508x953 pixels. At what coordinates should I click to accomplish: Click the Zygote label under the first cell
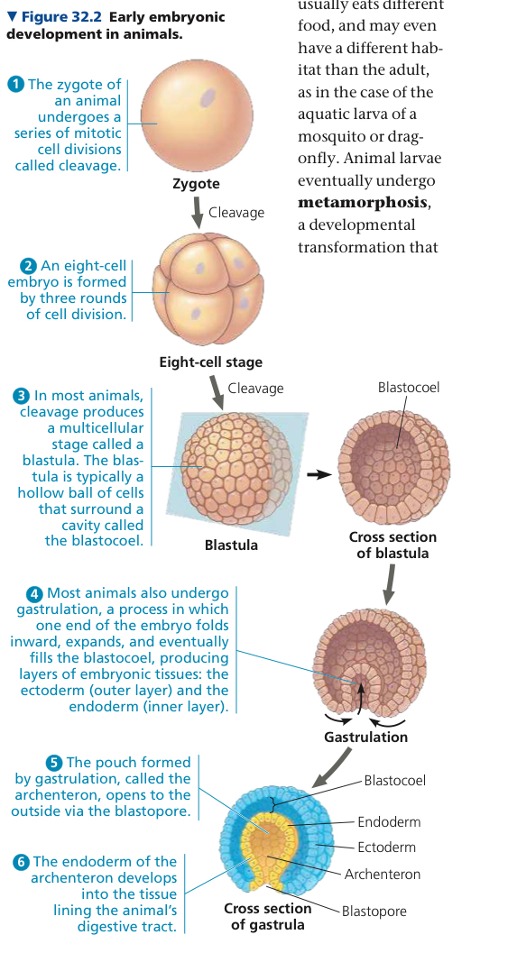196,184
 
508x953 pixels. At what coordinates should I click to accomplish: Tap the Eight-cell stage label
210,362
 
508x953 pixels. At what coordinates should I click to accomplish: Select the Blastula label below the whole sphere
231,545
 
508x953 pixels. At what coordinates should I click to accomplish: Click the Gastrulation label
365,738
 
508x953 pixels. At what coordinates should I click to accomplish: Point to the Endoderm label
389,822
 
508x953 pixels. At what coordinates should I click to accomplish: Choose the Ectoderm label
386,848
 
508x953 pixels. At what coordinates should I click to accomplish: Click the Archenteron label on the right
382,875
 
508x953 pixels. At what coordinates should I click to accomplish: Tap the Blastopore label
374,911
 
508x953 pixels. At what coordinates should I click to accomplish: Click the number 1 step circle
16,85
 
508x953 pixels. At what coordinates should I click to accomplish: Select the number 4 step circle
35,593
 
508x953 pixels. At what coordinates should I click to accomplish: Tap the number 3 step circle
22,397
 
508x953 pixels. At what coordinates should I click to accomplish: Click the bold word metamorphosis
364,203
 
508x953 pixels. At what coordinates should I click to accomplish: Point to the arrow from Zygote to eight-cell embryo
196,214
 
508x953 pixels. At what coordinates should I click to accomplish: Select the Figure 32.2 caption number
62,17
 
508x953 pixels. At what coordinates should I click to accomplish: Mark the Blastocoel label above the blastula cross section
408,387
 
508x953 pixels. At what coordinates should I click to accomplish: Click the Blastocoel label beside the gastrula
395,781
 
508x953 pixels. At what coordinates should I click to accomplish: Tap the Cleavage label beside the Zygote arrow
236,213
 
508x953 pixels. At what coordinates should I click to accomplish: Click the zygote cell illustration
197,115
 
